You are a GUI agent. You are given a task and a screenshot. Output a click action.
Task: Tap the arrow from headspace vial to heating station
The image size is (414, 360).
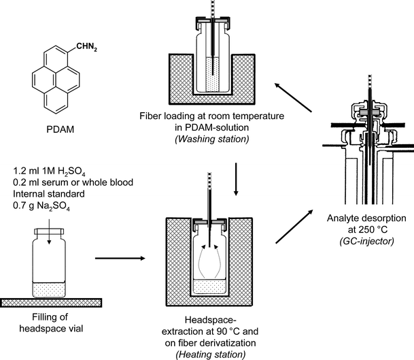pyautogui.click(x=120, y=259)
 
